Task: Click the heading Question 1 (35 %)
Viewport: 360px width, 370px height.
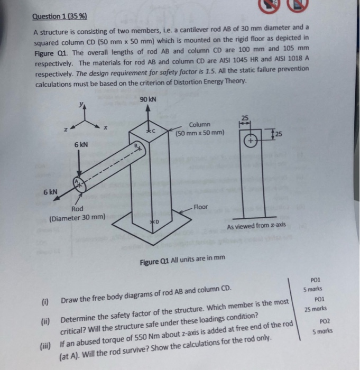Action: click(x=60, y=16)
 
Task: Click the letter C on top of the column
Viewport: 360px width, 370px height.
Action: click(x=154, y=130)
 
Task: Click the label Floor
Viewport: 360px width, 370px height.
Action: click(x=201, y=207)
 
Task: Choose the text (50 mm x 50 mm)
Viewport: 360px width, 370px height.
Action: click(x=200, y=132)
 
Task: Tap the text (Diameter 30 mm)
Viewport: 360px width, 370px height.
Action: click(x=77, y=217)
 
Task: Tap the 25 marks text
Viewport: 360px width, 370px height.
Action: click(x=316, y=309)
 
